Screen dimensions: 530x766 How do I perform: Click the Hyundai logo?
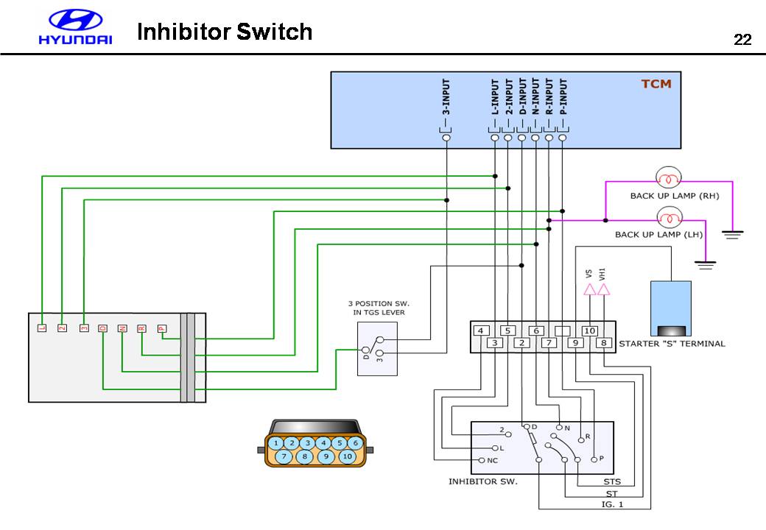coord(75,28)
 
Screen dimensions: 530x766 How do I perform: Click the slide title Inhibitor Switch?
coord(225,32)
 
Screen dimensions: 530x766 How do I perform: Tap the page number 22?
coord(742,40)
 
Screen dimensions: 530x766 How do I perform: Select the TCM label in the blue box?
coord(656,83)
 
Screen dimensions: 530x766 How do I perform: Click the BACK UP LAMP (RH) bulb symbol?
coord(669,177)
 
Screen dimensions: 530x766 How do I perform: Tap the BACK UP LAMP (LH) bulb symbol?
coord(669,218)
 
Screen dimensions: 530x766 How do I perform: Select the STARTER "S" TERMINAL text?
coord(672,343)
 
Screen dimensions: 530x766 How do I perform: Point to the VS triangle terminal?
coord(589,290)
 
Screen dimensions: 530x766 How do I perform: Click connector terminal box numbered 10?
coord(589,331)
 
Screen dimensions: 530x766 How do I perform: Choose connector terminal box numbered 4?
coord(481,331)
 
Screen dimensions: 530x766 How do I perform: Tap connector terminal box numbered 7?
coord(548,343)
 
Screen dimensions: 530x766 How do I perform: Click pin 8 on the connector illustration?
coord(305,456)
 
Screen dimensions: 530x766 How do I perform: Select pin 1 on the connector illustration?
coord(275,443)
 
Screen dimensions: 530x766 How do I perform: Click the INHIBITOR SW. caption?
coord(482,481)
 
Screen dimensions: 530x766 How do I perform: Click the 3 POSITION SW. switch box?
coord(377,348)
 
